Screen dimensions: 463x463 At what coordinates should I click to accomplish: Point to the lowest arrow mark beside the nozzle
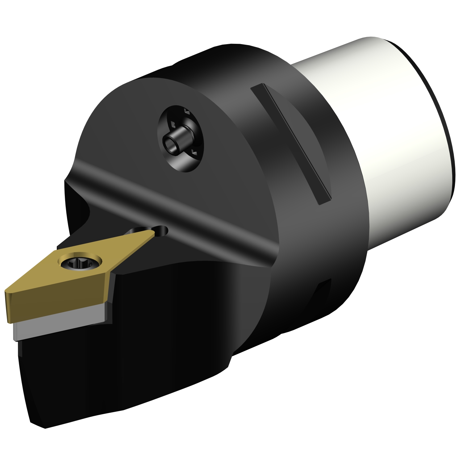[x=194, y=151]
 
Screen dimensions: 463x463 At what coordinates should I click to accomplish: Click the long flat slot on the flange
[x=290, y=144]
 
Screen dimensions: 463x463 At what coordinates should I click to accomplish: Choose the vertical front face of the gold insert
[x=56, y=304]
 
